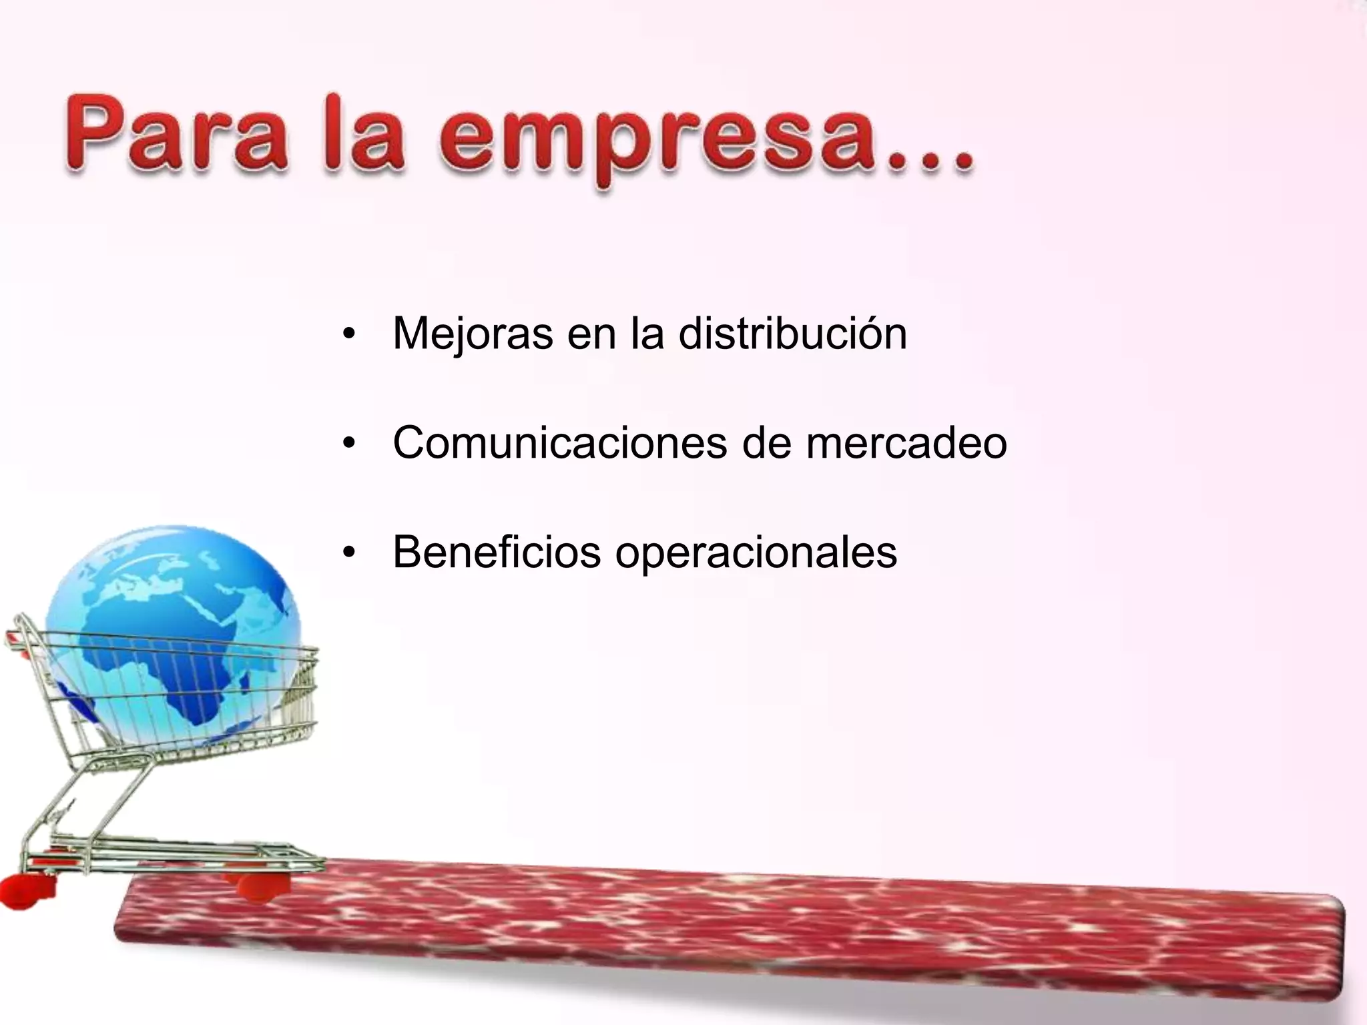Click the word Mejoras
[473, 333]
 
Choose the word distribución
[792, 333]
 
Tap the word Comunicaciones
[559, 442]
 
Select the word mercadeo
[906, 442]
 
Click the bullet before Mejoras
[348, 334]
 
